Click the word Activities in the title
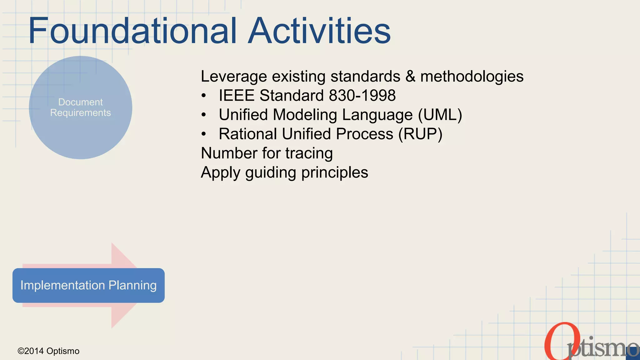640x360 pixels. click(x=319, y=31)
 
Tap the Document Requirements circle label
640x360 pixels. click(x=81, y=107)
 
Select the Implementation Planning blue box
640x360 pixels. click(x=88, y=285)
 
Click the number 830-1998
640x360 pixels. click(x=362, y=95)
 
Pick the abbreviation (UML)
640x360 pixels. click(x=440, y=115)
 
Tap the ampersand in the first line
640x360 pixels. click(x=410, y=77)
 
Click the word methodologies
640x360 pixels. click(x=472, y=77)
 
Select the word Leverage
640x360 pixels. click(x=234, y=77)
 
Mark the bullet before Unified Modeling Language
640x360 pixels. click(x=204, y=115)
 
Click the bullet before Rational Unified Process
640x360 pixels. click(x=204, y=134)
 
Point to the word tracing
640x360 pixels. click(x=309, y=153)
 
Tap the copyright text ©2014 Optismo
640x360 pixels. click(x=48, y=351)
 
